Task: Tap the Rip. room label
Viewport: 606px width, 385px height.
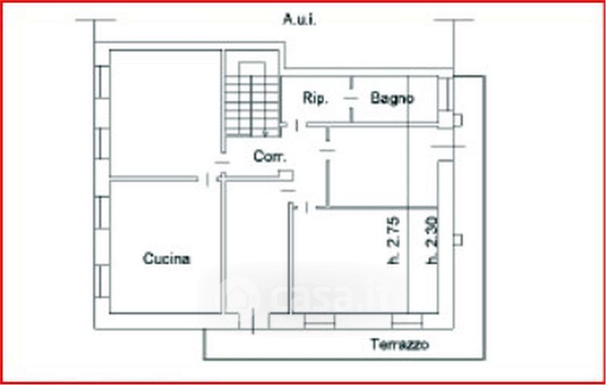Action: coord(314,98)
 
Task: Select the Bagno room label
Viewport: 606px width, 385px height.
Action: coord(392,98)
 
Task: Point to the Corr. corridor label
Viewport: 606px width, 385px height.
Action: coord(270,157)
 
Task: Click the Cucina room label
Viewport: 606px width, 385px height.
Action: coord(167,259)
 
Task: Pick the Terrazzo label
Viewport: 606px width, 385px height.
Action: coord(399,346)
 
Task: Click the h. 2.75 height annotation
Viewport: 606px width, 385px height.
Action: coord(393,240)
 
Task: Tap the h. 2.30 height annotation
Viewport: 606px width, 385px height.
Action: coord(432,240)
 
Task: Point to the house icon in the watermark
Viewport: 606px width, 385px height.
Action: coord(236,295)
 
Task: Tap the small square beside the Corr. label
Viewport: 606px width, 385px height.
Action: coord(286,176)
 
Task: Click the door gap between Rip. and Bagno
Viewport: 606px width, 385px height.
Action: coord(350,98)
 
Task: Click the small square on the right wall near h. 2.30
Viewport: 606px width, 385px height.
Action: coord(457,240)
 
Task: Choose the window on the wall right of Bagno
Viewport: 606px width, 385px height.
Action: coord(448,94)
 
